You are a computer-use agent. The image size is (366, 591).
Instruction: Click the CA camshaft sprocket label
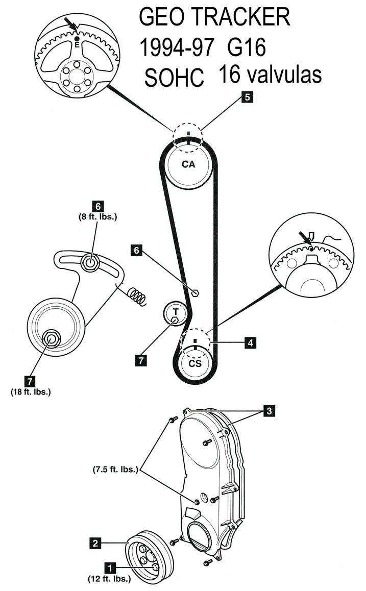188,164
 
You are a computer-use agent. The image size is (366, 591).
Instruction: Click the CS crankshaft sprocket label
195,363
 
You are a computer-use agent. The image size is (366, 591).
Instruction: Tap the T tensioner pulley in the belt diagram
176,311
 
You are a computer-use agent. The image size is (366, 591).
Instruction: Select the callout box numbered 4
250,343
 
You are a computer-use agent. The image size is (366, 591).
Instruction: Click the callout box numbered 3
269,410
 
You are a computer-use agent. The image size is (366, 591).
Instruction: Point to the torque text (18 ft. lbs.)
31,392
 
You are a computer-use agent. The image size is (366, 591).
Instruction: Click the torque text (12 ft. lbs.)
109,579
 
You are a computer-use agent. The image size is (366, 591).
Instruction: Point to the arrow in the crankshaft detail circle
307,238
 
